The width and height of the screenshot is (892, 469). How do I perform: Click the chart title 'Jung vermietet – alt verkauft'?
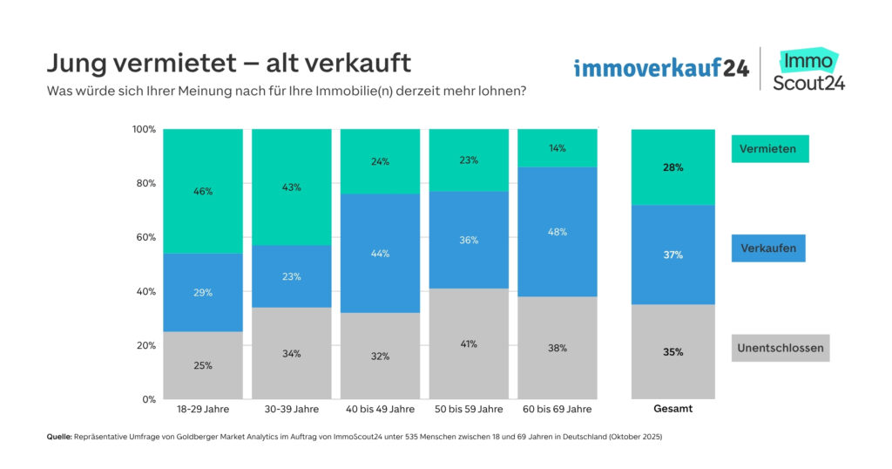tap(228, 65)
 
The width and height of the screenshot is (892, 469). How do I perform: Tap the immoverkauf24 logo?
tap(661, 68)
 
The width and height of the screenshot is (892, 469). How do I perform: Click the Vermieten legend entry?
tap(769, 149)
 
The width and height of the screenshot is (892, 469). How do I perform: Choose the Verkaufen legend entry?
tap(768, 248)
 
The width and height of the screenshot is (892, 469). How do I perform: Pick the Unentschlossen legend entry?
tap(779, 348)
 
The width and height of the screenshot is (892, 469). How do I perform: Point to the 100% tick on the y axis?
tap(144, 129)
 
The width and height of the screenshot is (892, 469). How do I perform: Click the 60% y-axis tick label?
tap(145, 237)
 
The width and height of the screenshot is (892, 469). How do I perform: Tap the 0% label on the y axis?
tap(148, 399)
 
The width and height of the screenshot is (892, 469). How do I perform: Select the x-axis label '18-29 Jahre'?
tap(203, 409)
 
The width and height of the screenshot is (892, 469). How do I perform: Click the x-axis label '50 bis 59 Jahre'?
tap(469, 409)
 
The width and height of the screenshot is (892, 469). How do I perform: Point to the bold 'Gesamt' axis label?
tap(672, 409)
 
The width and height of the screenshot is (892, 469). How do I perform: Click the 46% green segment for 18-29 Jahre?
tap(203, 191)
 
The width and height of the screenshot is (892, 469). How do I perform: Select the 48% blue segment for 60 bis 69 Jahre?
tap(557, 232)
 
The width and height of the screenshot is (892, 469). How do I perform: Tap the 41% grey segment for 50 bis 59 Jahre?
tap(469, 343)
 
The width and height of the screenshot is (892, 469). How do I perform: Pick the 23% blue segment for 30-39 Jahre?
tap(291, 276)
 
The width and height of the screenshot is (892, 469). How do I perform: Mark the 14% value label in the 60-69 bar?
tap(557, 148)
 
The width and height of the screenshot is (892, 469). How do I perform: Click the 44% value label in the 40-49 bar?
tap(380, 254)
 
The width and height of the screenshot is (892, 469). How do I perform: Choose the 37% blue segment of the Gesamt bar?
tap(672, 255)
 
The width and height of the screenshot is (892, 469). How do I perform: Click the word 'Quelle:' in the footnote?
tap(58, 437)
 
